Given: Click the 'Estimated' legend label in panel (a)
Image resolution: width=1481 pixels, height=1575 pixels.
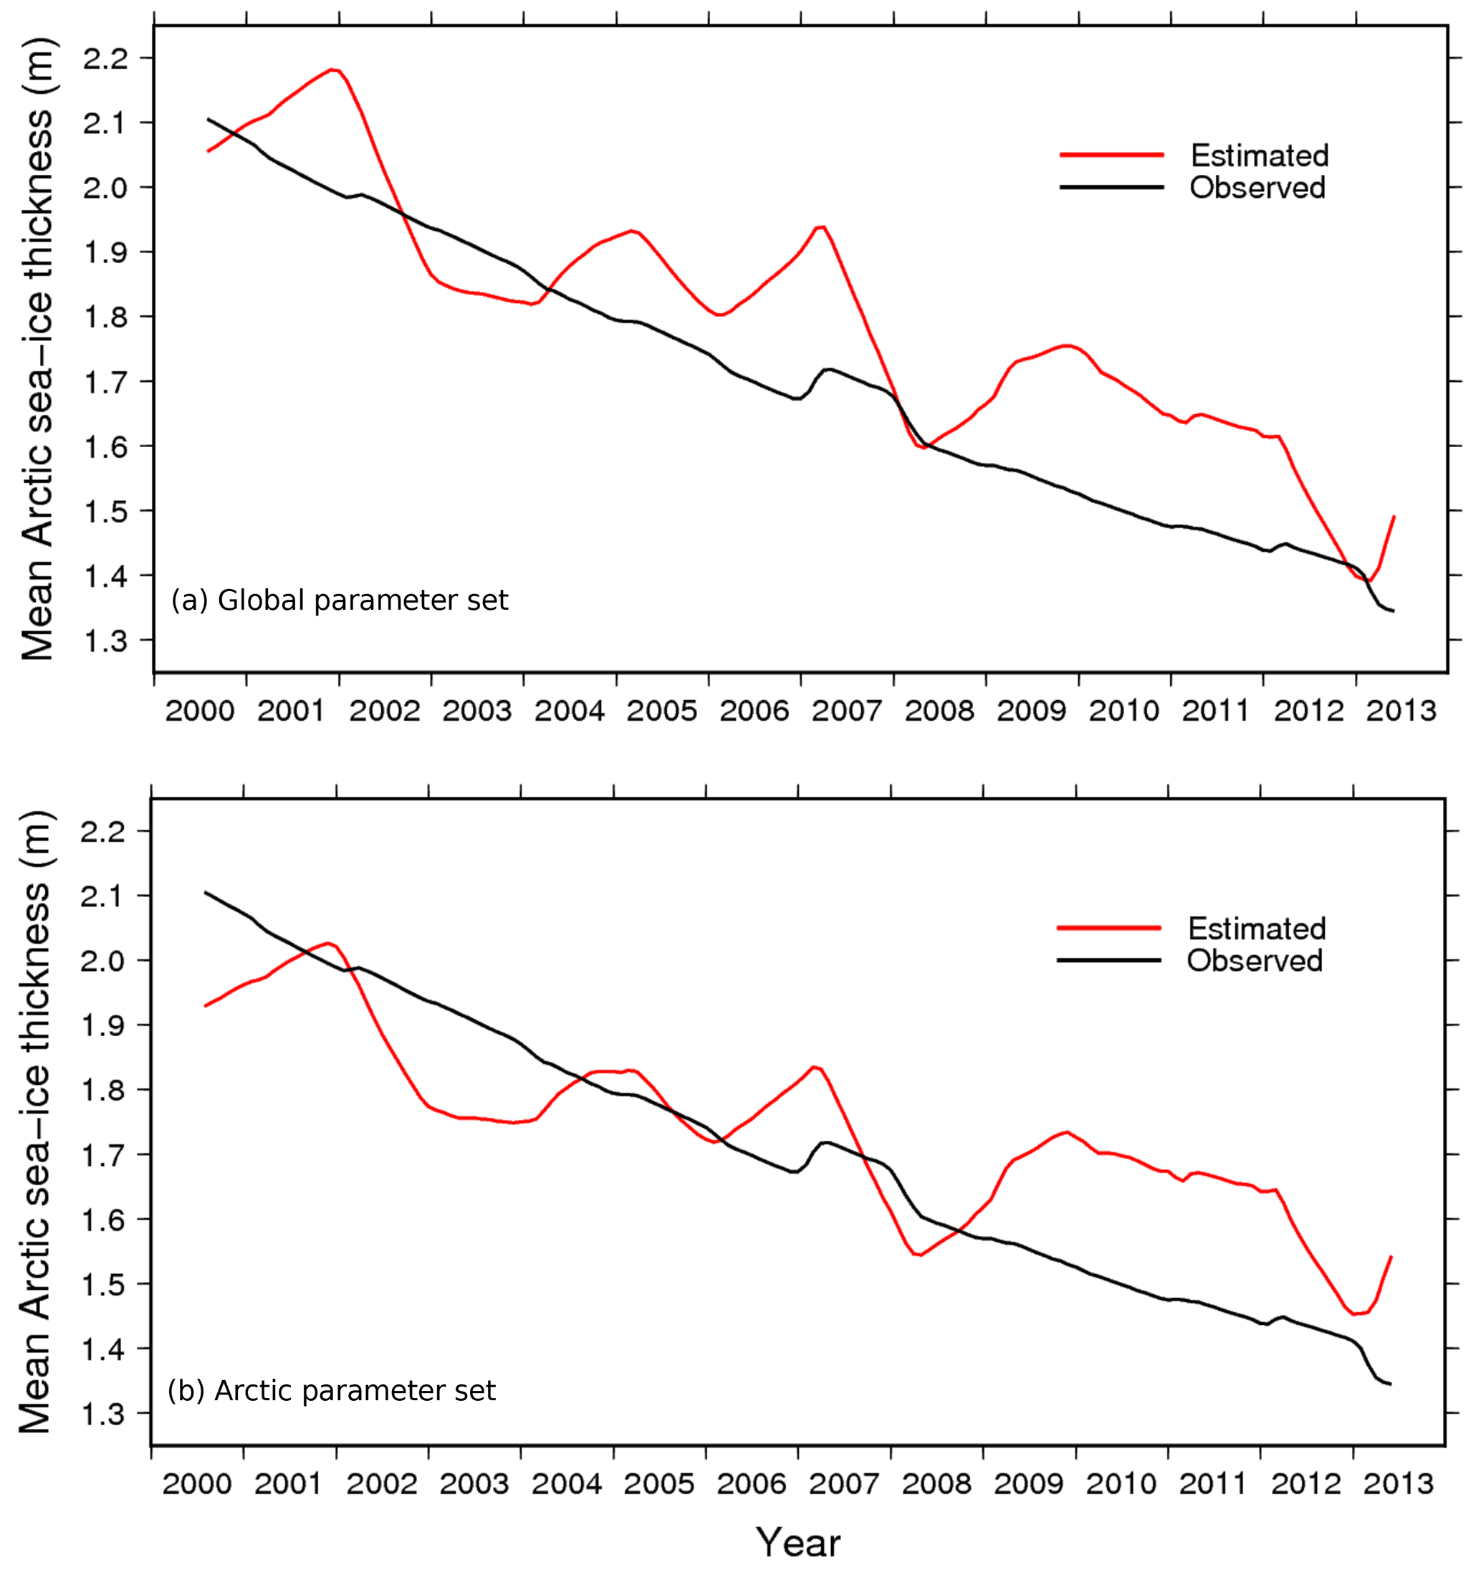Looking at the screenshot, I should [x=1260, y=155].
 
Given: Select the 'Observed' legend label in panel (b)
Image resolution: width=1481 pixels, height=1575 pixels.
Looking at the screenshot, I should [x=1255, y=960].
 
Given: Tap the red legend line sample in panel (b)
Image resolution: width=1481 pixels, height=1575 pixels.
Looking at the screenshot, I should [x=1108, y=928].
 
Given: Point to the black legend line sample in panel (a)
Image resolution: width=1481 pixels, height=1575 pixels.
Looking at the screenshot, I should [x=1112, y=188].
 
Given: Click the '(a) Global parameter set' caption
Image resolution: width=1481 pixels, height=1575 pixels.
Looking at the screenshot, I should [x=339, y=600].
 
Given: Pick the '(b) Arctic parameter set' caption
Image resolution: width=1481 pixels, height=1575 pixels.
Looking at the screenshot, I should [x=332, y=1389].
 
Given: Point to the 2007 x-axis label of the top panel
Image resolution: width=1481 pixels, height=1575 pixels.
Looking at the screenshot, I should [x=847, y=711].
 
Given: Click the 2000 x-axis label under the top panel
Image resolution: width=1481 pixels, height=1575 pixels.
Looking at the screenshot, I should [x=200, y=711].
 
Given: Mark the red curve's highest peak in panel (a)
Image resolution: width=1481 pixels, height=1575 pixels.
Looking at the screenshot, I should [x=333, y=69].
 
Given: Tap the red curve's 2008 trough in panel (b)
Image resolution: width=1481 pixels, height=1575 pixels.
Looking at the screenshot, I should [x=919, y=1255].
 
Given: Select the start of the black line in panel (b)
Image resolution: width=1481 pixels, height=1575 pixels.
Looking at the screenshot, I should [x=206, y=892].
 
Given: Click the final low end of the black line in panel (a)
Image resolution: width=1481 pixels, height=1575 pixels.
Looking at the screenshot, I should [x=1392, y=611].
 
